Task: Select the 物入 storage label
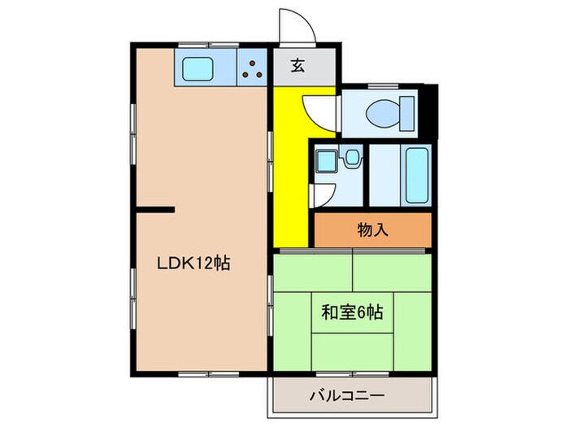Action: pos(372,230)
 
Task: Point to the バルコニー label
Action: pos(346,397)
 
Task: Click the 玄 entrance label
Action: pos(298,67)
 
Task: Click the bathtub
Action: pos(415,176)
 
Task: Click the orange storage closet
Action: pos(372,230)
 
